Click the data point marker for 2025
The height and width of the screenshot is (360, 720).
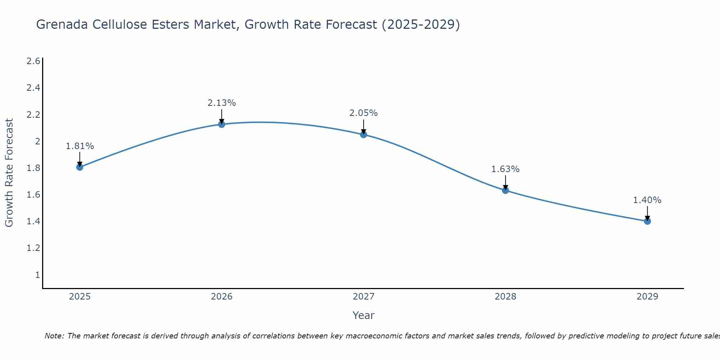pyautogui.click(x=80, y=167)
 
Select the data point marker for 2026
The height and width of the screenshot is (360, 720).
pyautogui.click(x=222, y=124)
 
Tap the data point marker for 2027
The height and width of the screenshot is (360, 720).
pyautogui.click(x=364, y=135)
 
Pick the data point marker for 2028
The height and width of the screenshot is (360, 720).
pyautogui.click(x=505, y=190)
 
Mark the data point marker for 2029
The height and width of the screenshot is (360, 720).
pyautogui.click(x=647, y=221)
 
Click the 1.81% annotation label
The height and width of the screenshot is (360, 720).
pyautogui.click(x=80, y=146)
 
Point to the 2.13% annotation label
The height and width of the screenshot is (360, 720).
pyautogui.click(x=222, y=103)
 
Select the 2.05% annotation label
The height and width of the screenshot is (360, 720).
pyautogui.click(x=364, y=113)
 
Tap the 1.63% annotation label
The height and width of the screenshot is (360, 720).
pyautogui.click(x=505, y=169)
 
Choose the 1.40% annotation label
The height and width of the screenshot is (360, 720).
pyautogui.click(x=647, y=200)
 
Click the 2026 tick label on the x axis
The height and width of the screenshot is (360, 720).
pyautogui.click(x=222, y=297)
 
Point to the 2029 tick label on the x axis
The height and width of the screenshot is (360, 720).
pyautogui.click(x=647, y=297)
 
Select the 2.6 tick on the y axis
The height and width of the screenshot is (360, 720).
pyautogui.click(x=33, y=61)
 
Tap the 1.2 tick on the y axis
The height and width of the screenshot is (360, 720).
pyautogui.click(x=33, y=248)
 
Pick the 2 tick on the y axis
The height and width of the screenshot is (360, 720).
pyautogui.click(x=37, y=141)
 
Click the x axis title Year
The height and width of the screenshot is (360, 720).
pyautogui.click(x=364, y=315)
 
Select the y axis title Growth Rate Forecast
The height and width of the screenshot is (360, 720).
pyautogui.click(x=9, y=173)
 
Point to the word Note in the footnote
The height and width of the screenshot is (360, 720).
pyautogui.click(x=54, y=336)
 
